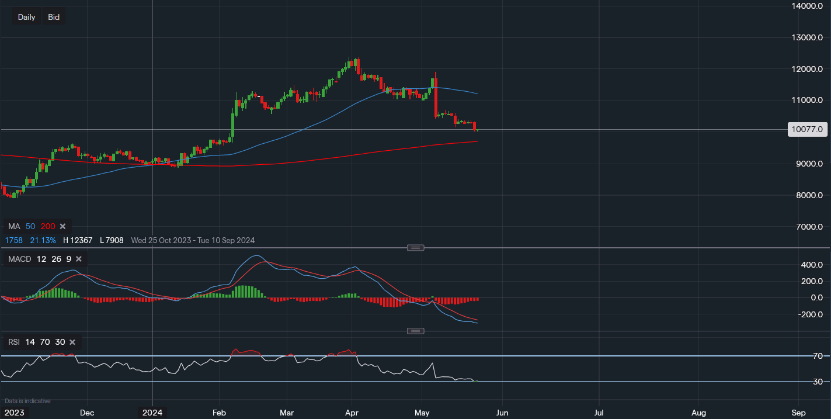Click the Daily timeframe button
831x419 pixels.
[26, 17]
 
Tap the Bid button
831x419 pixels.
[54, 17]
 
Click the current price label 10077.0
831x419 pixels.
[808, 129]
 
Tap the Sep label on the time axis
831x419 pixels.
[799, 413]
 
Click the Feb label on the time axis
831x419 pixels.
[219, 413]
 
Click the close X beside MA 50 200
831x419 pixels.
[62, 226]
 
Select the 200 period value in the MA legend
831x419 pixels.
[48, 226]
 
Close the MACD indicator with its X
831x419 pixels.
[79, 259]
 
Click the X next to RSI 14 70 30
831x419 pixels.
[72, 342]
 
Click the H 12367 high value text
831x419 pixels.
[77, 240]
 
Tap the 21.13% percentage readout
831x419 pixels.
[43, 240]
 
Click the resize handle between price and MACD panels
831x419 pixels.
[415, 248]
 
